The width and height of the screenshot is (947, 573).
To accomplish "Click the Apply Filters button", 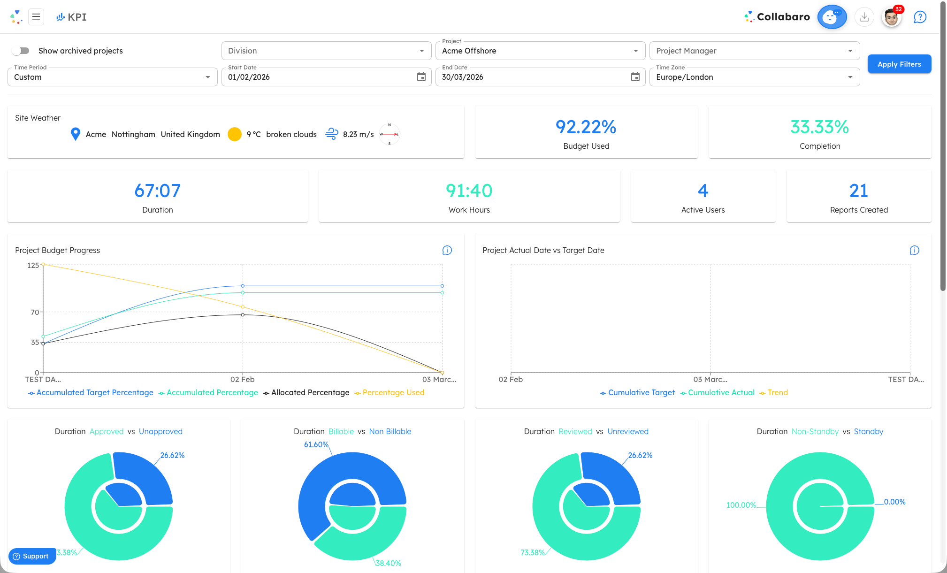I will click(899, 64).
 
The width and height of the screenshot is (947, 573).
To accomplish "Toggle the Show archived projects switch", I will click(21, 51).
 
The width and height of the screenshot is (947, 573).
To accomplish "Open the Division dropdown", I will click(326, 51).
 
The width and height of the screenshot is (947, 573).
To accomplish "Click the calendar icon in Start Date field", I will click(421, 77).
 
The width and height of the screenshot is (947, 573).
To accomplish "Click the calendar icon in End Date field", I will click(635, 77).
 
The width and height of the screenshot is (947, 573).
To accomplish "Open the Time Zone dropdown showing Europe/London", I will click(754, 77).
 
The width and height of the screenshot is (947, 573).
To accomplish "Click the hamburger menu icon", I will click(36, 17).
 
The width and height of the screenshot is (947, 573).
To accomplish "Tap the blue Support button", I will click(31, 556).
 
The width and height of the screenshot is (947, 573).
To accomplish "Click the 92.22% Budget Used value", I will click(586, 127).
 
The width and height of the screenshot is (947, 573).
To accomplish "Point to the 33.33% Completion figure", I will click(819, 127).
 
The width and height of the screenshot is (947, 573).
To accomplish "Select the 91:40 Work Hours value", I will click(469, 191).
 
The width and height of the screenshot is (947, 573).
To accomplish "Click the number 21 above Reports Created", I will click(858, 191).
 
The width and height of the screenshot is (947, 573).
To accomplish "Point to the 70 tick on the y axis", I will click(35, 312).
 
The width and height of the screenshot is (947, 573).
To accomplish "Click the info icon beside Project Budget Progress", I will click(447, 250).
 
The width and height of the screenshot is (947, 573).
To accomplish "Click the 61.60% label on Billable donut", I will click(316, 444).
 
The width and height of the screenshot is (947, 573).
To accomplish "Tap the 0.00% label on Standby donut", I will click(894, 502).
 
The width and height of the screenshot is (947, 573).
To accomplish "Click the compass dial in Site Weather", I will click(389, 134).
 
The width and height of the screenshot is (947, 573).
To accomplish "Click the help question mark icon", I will click(920, 17).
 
